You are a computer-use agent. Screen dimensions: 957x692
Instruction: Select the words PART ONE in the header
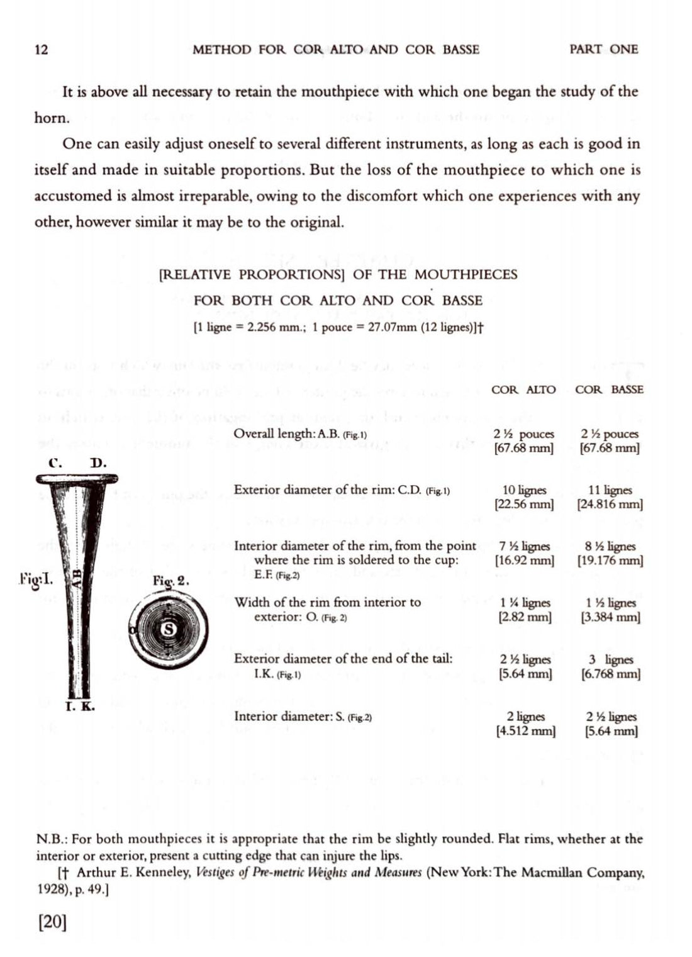(603, 49)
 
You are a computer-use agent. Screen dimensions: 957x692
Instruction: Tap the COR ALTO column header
(523, 389)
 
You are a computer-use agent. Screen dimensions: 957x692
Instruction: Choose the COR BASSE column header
(609, 389)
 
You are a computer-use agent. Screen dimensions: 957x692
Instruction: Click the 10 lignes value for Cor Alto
(525, 490)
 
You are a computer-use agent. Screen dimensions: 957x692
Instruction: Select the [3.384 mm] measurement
(610, 617)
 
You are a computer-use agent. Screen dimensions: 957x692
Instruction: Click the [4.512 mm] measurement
(525, 731)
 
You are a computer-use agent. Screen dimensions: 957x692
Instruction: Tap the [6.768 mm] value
(610, 674)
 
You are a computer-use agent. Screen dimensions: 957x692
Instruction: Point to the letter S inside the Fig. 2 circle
(169, 627)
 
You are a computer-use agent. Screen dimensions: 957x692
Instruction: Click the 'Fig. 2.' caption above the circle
(171, 581)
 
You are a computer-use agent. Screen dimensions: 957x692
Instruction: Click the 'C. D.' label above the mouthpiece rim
(77, 464)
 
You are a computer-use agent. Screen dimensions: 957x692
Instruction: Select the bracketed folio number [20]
(52, 922)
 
